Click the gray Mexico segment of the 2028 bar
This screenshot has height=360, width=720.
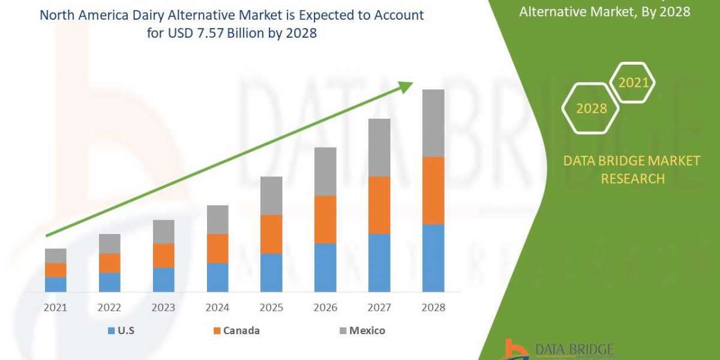click(x=433, y=123)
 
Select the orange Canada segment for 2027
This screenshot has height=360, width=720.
click(x=379, y=205)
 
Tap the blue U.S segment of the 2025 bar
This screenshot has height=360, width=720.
click(x=271, y=272)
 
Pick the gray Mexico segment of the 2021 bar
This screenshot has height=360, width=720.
click(x=56, y=256)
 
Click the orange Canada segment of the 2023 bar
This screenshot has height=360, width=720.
click(x=163, y=256)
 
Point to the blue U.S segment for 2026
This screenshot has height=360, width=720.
click(x=325, y=268)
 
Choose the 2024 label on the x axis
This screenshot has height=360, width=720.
click(x=217, y=307)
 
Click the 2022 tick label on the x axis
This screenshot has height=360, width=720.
click(x=109, y=307)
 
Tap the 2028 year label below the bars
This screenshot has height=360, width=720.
click(x=433, y=307)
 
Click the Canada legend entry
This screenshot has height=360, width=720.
click(x=236, y=331)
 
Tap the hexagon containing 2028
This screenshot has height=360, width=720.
click(x=591, y=109)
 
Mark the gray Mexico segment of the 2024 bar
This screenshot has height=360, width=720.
click(x=217, y=219)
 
